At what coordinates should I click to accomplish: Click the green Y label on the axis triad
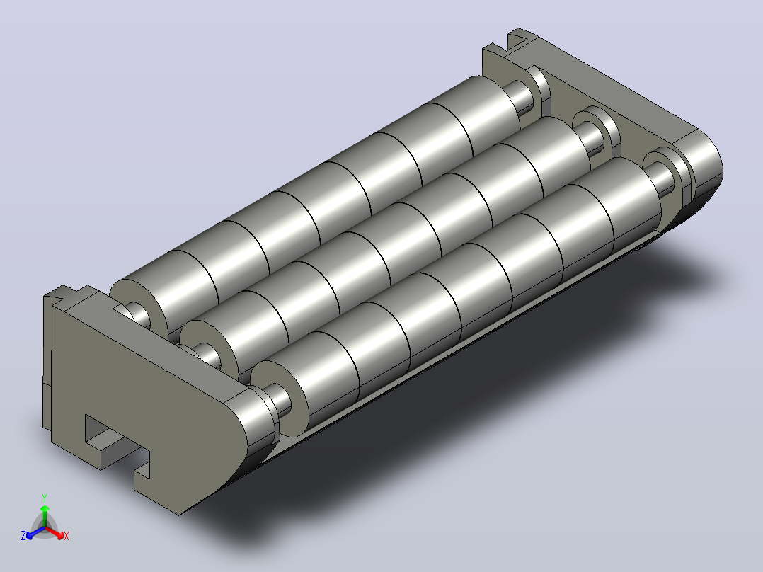pyautogui.click(x=45, y=498)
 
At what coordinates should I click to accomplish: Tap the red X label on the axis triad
pyautogui.click(x=67, y=536)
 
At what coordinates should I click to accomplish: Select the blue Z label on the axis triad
pyautogui.click(x=23, y=536)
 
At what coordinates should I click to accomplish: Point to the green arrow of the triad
pyautogui.click(x=45, y=515)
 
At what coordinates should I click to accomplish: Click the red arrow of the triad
pyautogui.click(x=54, y=532)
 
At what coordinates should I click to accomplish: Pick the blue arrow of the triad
pyautogui.click(x=35, y=532)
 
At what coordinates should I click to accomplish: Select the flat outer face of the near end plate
pyautogui.click(x=141, y=399)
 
